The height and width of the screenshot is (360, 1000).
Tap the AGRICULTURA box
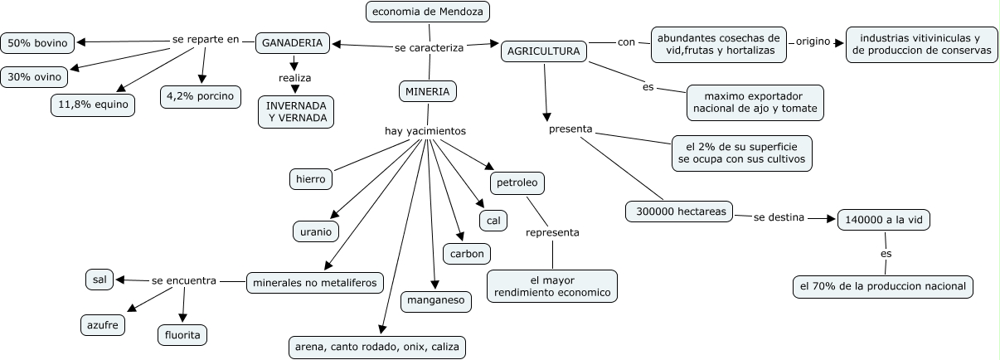coord(543,51)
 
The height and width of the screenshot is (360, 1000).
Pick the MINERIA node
coord(428,91)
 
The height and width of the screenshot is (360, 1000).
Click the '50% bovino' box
coord(37,41)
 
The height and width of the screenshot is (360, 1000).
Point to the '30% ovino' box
coord(35,77)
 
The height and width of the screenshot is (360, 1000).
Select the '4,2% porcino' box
coord(200,96)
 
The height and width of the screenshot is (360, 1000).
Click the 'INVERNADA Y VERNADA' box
coord(296,112)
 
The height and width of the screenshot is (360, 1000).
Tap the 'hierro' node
coord(311,178)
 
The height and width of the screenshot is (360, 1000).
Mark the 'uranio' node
coord(315,231)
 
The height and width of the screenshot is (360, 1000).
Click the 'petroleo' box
coord(517,182)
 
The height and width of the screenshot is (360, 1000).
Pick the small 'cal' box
coord(493,220)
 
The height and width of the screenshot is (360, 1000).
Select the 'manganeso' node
coord(436,301)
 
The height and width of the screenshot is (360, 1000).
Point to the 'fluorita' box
coord(182,334)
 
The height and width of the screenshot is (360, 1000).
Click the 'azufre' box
coord(104,325)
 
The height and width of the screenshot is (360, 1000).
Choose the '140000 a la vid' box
coord(884,220)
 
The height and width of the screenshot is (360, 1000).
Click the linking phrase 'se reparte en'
coord(206,39)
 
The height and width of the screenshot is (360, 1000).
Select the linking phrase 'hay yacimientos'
coord(425,131)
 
